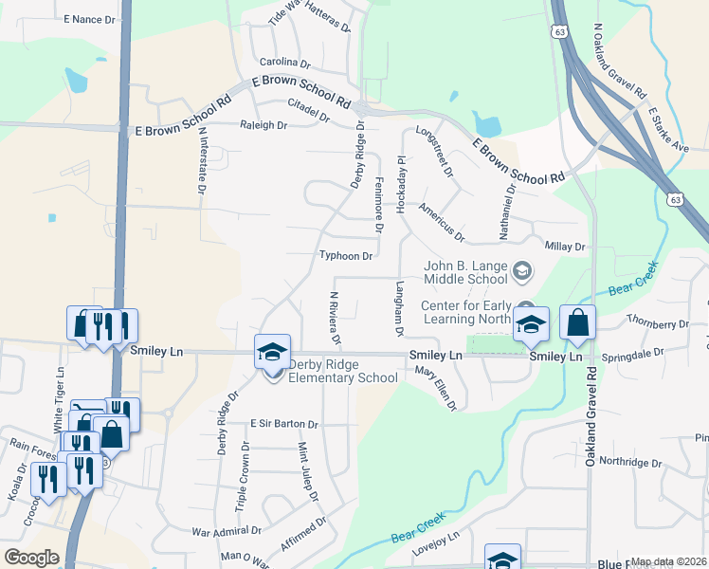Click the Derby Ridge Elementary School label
[x=337, y=377]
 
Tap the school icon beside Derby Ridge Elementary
[x=272, y=353]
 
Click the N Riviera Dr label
[x=334, y=318]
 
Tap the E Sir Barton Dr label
[x=283, y=423]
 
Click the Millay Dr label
[x=566, y=247]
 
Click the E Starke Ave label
[x=668, y=130]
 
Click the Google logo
[x=31, y=558]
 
